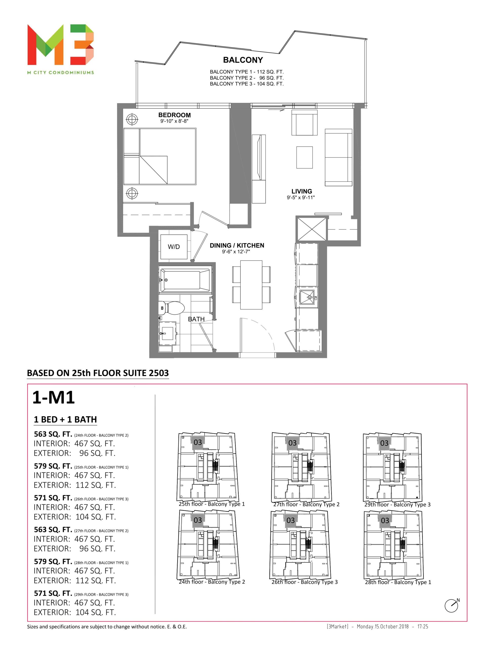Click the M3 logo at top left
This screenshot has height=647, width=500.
pos(60,45)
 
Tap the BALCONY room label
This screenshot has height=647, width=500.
pos(243,60)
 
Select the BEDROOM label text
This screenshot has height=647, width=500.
pos(174,115)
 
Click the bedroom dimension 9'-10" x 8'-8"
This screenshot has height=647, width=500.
pos(174,121)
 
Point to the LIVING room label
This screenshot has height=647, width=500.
pos(301,191)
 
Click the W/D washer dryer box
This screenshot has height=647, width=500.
pos(174,247)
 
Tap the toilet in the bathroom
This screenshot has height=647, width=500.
pos(172,308)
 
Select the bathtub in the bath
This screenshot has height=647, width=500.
pos(185,280)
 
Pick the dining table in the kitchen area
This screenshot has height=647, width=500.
pos(251,285)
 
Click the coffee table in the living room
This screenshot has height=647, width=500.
pos(304,157)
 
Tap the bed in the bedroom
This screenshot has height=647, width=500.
pos(160,156)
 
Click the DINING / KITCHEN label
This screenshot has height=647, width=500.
pos(237,245)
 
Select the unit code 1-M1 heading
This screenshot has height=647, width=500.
pos(53,398)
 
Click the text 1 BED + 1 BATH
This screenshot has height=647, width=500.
pos(65,420)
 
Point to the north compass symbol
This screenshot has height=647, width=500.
pos(452,605)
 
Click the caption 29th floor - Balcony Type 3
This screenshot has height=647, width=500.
pos(397,504)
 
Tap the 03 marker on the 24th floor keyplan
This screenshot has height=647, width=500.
pos(198,520)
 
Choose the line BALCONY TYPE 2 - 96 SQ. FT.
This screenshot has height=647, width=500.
pos(247,78)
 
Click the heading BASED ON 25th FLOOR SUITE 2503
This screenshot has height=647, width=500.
pos(98,373)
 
